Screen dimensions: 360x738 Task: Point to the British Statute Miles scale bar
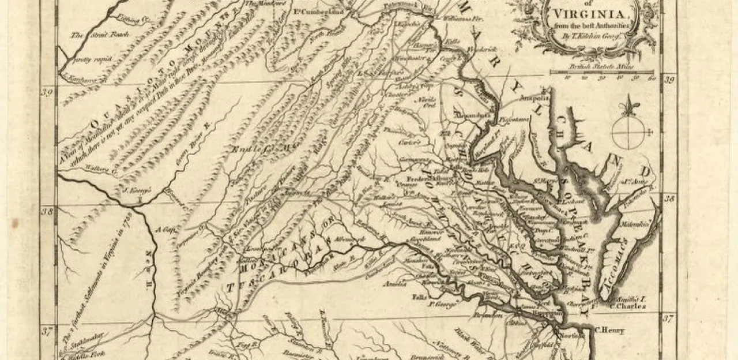coord(603,73)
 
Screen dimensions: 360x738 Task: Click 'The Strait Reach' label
coord(92,35)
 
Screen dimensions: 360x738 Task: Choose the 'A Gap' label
coord(171,228)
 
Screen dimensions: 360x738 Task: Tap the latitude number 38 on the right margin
coord(669,197)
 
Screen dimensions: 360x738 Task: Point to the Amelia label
coord(395,284)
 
